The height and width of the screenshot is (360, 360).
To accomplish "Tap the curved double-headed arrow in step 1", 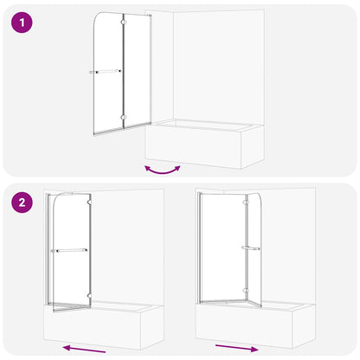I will pyautogui.click(x=163, y=168).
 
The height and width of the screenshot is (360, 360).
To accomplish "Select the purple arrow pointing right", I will pyautogui.click(x=236, y=348).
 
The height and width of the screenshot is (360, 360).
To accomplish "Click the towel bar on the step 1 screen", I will pyautogui.click(x=106, y=72).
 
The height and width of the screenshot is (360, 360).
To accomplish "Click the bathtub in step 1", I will pyautogui.click(x=203, y=143).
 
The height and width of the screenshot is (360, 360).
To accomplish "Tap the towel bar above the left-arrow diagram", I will pyautogui.click(x=70, y=251).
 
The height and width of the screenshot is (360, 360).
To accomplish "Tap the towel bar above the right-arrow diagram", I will pyautogui.click(x=251, y=248).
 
